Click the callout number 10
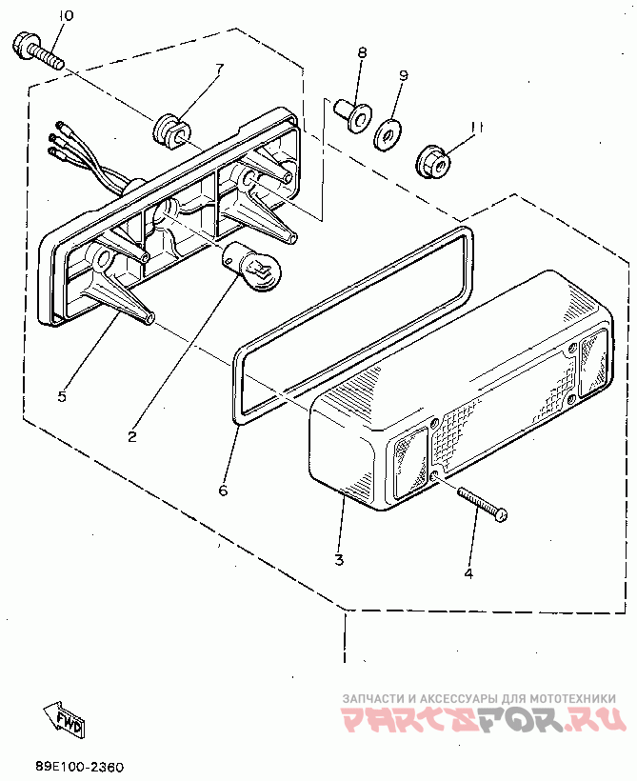click(65, 16)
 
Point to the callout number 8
click(362, 54)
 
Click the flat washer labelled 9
click(387, 135)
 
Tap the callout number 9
click(403, 74)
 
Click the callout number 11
click(478, 126)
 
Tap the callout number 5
click(62, 395)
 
